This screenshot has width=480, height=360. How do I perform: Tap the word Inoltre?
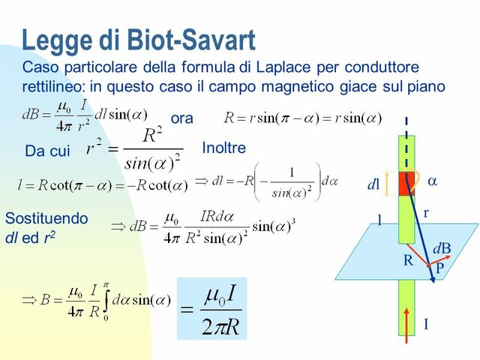(223, 148)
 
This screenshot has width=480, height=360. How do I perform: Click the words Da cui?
(47, 151)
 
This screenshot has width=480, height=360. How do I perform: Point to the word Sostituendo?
(46, 218)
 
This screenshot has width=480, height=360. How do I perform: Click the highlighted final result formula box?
(211, 308)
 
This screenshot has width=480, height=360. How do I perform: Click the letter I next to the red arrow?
(426, 325)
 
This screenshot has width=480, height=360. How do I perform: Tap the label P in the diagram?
(439, 267)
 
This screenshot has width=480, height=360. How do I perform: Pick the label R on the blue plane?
(408, 261)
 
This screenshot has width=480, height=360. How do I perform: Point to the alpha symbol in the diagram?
(432, 181)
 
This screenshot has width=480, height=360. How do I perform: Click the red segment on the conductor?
(406, 184)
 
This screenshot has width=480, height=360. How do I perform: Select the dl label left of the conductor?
(373, 184)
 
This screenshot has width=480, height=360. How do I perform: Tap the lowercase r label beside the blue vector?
(426, 214)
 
